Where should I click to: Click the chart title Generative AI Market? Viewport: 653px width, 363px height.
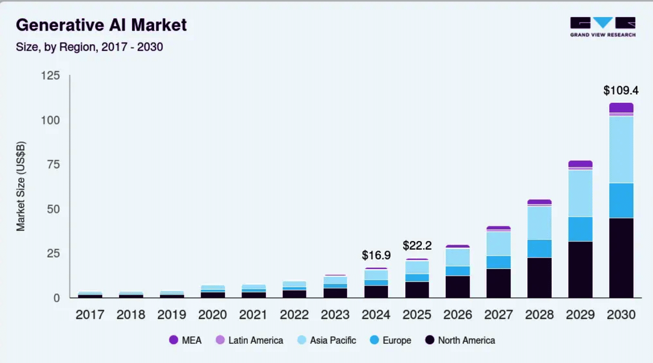tap(101, 25)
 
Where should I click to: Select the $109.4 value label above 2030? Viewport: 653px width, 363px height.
tap(621, 90)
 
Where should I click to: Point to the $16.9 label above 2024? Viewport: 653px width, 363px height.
tap(376, 255)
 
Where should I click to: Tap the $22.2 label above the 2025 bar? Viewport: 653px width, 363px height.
tap(417, 246)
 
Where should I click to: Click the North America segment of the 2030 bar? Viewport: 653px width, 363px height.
tap(621, 258)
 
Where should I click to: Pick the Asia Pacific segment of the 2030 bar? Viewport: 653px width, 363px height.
tap(621, 150)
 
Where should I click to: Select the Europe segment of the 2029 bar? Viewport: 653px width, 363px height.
tap(580, 229)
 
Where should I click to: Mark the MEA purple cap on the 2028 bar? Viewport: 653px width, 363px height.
tap(539, 202)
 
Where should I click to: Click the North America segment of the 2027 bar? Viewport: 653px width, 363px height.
tap(498, 283)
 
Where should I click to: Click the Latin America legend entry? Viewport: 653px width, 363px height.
tap(249, 341)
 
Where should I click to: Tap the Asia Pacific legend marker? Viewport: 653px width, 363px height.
tap(302, 341)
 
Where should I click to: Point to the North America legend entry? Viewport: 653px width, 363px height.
tap(460, 341)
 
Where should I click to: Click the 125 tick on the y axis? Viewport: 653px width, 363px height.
tap(50, 76)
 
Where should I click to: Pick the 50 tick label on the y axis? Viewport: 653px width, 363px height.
tap(54, 209)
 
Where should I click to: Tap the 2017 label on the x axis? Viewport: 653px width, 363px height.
tap(90, 315)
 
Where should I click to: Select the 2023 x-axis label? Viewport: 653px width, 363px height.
tap(335, 315)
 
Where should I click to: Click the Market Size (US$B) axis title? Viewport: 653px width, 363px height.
tap(21, 186)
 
